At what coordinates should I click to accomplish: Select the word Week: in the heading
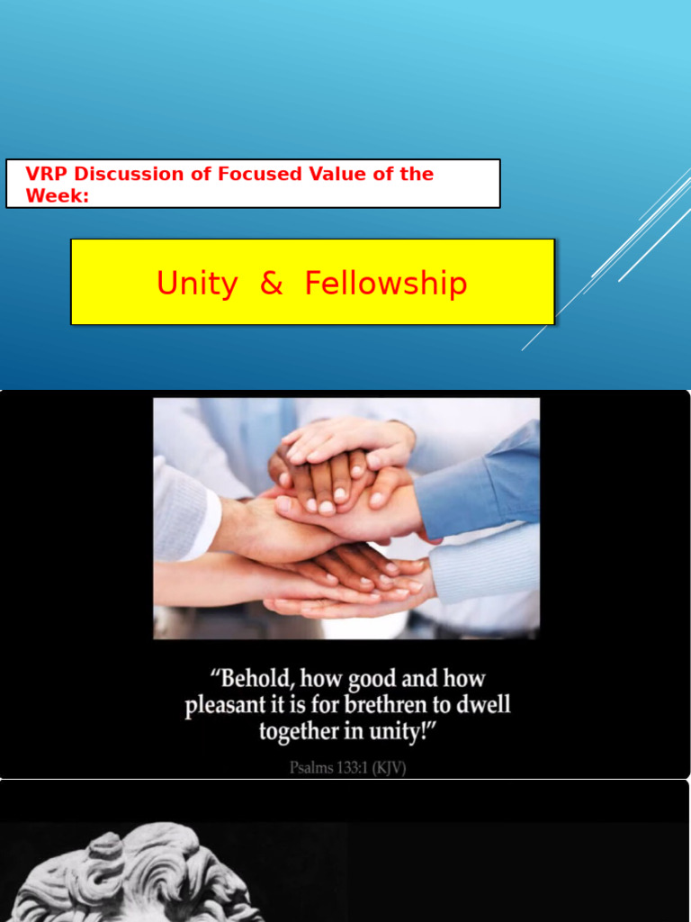[x=58, y=195]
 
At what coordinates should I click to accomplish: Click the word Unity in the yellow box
[x=196, y=284]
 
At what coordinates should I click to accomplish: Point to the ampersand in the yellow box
[x=271, y=284]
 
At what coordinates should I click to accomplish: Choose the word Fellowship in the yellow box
[x=386, y=284]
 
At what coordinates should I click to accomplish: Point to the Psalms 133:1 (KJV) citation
[x=347, y=768]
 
